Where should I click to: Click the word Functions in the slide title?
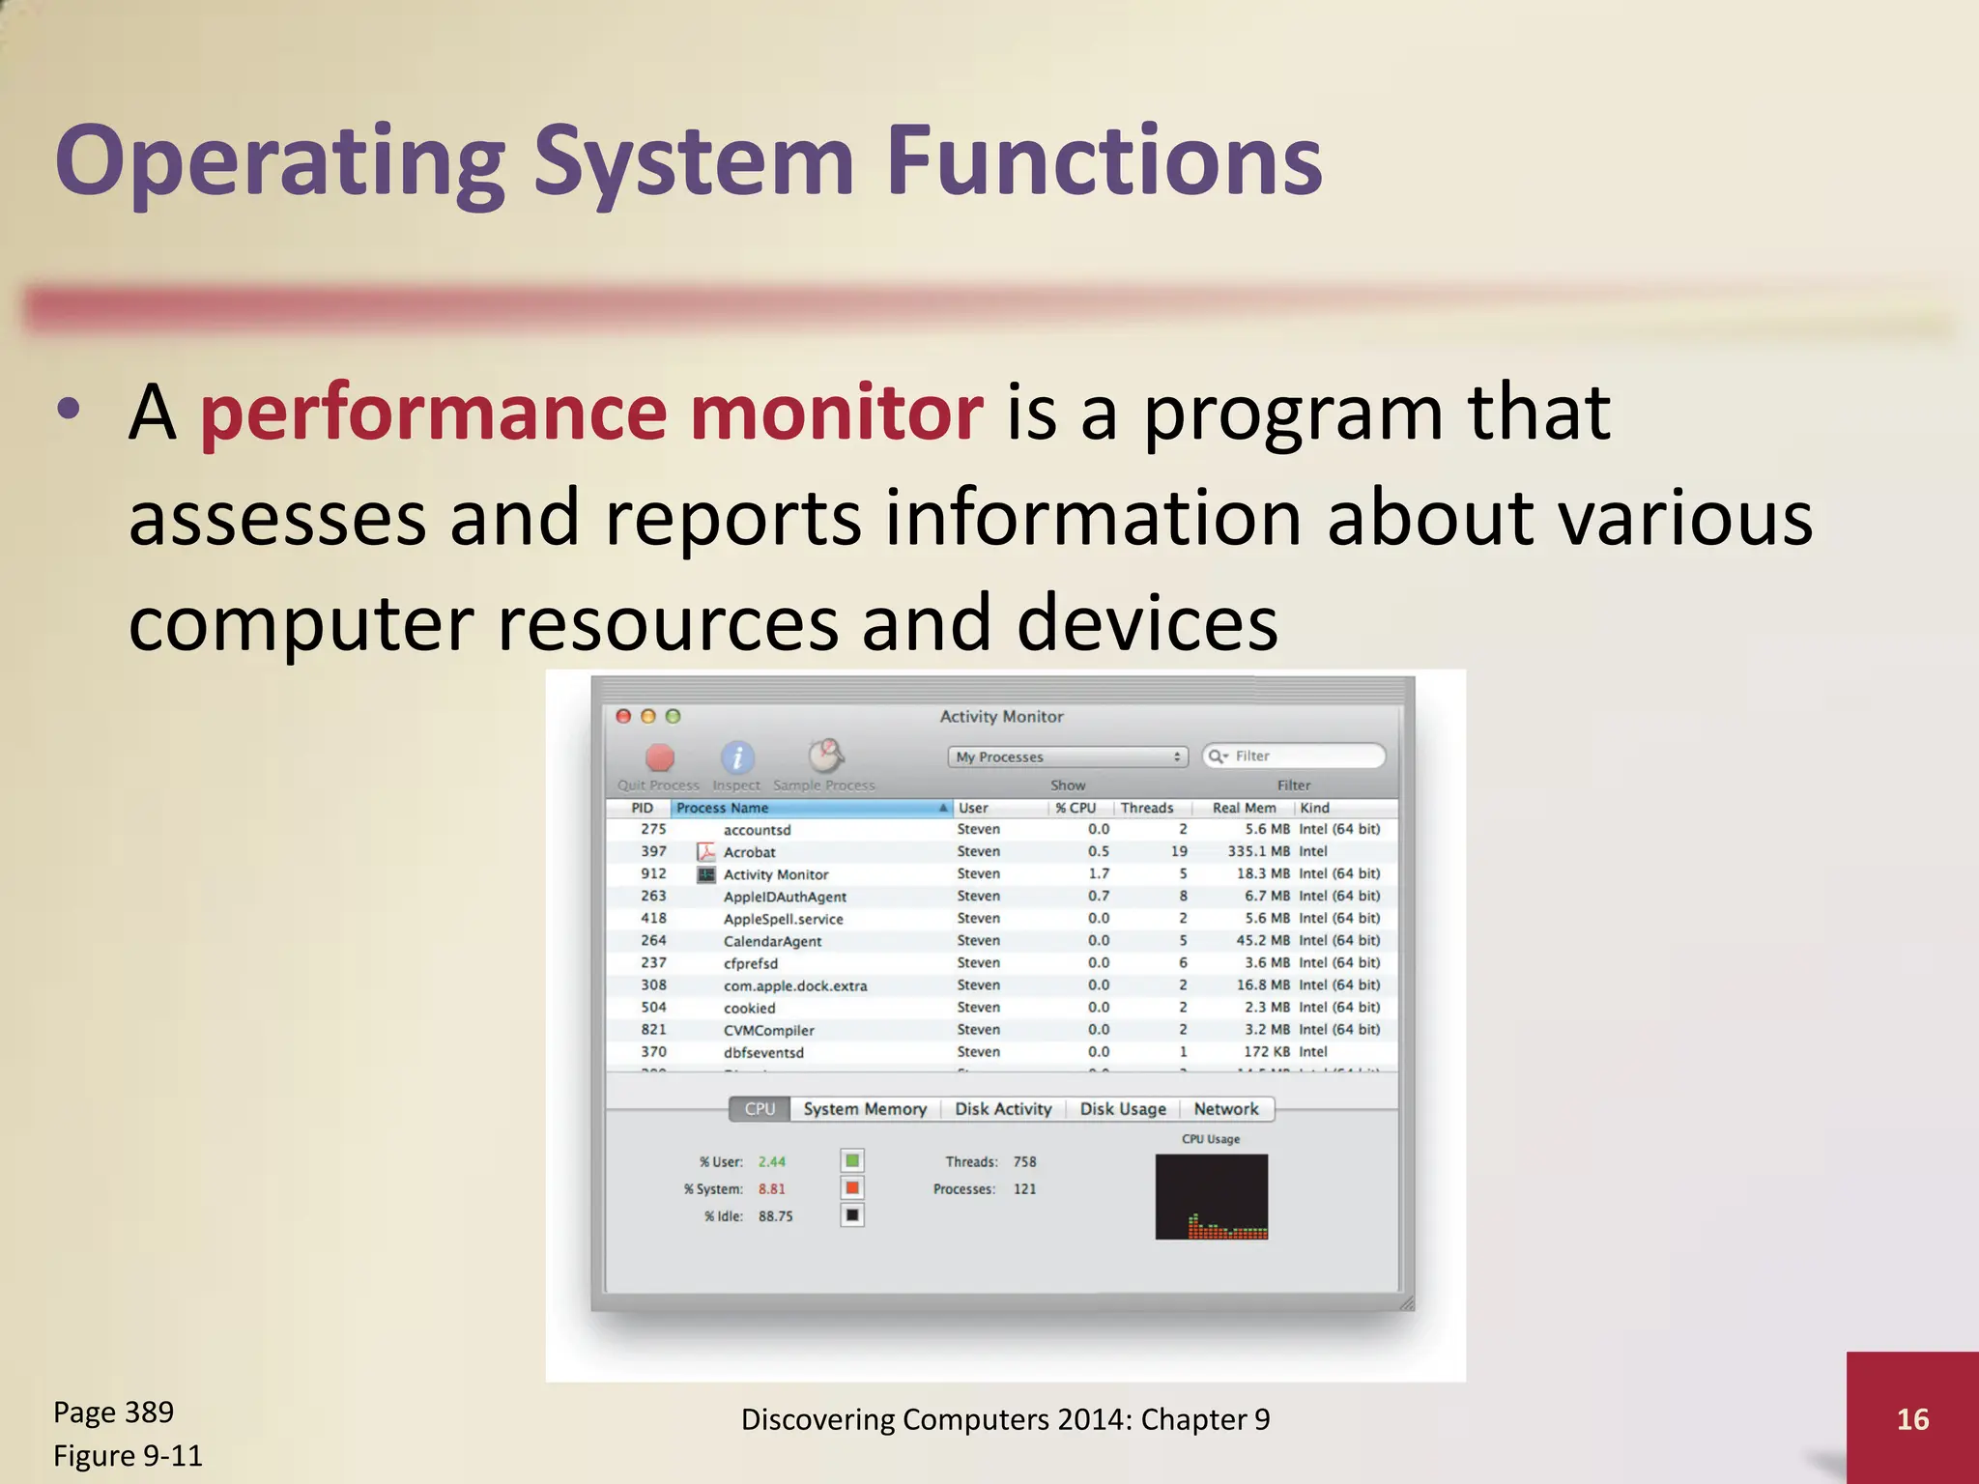click(1103, 162)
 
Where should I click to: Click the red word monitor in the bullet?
click(836, 414)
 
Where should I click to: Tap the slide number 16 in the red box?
click(1912, 1418)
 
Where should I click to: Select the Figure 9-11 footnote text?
click(128, 1455)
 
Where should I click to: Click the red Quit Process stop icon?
click(660, 757)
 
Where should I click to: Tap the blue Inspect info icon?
click(737, 757)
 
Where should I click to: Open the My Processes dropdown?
click(1067, 756)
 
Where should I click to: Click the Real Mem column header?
click(1244, 808)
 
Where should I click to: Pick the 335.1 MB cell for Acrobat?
click(1258, 851)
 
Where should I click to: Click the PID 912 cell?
click(653, 873)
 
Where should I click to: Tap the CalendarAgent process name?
click(772, 941)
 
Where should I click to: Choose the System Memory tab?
click(864, 1109)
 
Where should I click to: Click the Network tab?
click(1225, 1109)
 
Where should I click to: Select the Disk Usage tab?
click(1122, 1109)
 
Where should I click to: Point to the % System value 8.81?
click(771, 1189)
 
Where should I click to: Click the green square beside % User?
click(852, 1160)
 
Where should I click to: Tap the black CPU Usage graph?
click(1211, 1196)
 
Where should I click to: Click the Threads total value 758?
click(1024, 1161)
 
